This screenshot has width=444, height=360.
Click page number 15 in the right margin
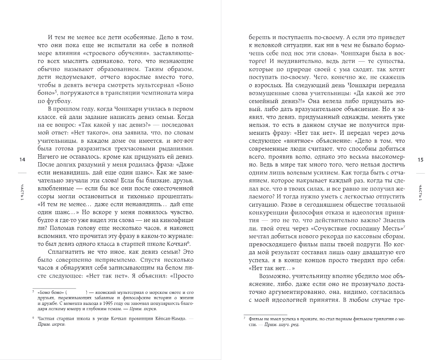[x=420, y=160]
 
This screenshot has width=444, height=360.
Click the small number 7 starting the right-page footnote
[x=245, y=317]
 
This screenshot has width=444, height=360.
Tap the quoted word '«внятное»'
[x=296, y=148]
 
